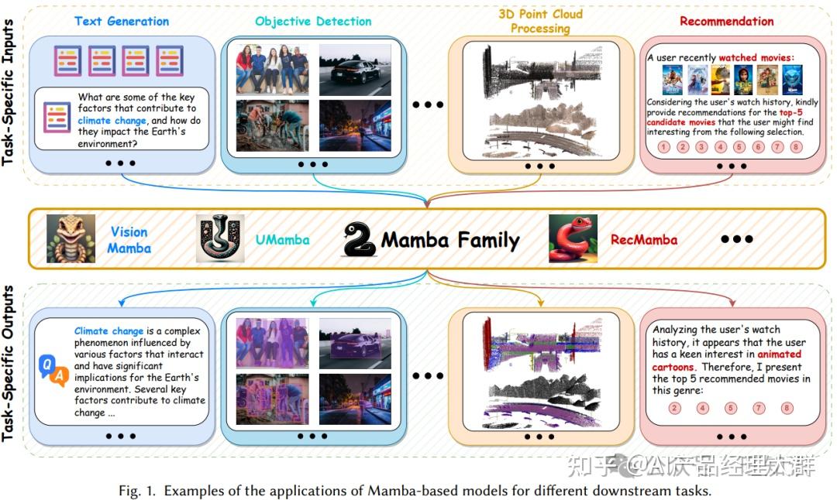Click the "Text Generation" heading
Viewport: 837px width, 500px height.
[121, 21]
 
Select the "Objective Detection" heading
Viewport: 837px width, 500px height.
[312, 21]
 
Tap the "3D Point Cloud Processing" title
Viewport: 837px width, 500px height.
[540, 21]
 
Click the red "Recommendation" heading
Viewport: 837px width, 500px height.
[726, 21]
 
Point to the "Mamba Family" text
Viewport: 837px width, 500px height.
[449, 240]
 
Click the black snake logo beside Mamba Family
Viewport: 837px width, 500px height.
[358, 239]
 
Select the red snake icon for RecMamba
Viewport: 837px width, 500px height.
[573, 238]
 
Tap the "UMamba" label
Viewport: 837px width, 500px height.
[282, 240]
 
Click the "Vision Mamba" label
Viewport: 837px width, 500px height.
[129, 239]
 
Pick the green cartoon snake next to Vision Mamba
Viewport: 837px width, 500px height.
[71, 238]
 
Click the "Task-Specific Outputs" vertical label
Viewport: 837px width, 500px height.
[10, 363]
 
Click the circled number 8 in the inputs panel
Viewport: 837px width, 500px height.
[797, 147]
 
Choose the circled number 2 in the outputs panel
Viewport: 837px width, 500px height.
[674, 408]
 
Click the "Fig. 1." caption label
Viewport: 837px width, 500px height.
[139, 491]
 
